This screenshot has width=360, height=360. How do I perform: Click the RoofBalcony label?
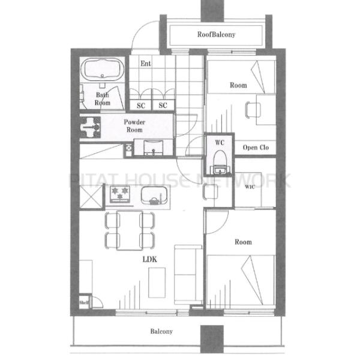coord(216,34)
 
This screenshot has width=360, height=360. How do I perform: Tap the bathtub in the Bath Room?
coord(103,70)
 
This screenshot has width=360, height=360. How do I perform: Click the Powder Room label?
coord(134,126)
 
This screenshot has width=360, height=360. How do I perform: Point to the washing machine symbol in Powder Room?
coord(90,127)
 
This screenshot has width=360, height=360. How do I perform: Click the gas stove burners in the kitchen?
coord(119,194)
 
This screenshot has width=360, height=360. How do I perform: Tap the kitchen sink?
coord(154,195)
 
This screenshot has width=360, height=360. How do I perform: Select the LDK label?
coord(149,259)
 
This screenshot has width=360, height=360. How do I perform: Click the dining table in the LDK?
coord(130,230)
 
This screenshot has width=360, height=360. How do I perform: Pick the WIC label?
coord(250,187)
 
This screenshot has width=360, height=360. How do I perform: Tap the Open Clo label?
coord(256,148)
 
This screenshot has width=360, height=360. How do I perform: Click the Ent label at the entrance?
coord(146,64)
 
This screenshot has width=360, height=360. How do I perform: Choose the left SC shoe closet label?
coord(141,106)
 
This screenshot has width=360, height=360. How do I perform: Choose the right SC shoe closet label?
coord(163,106)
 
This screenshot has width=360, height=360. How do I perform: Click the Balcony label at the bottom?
coord(161,331)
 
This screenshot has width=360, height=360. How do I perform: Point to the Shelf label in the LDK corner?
coord(84,302)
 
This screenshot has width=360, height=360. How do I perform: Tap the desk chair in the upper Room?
coord(253,110)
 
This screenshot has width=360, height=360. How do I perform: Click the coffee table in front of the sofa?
coord(157,283)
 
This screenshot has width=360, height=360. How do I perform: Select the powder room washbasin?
coord(154,148)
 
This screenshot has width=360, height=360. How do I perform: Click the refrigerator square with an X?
coord(91,197)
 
